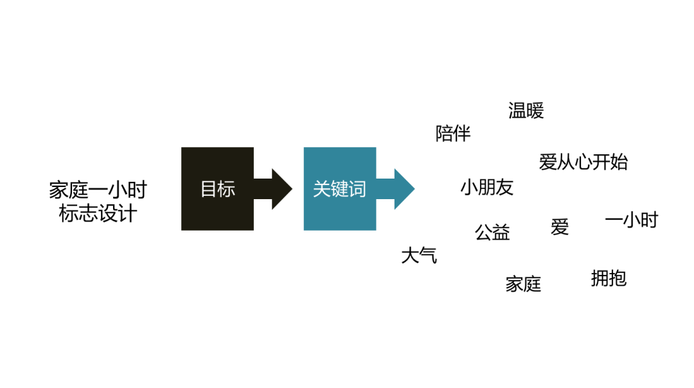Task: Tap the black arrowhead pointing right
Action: coord(280,189)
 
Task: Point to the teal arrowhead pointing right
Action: coord(402,189)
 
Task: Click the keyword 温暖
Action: coord(526,111)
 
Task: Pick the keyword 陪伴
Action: coord(453,134)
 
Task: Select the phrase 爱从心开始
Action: coord(583,162)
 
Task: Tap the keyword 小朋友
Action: coord(487,188)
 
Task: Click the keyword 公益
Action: coord(492,232)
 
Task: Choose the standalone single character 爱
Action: coord(560,227)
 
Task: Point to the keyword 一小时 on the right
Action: coord(632,220)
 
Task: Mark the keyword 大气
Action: coord(419,256)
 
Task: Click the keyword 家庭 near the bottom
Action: coord(523,283)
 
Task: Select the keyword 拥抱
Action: coord(608,278)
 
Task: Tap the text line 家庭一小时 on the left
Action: coord(98,190)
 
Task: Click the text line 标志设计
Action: coord(98,213)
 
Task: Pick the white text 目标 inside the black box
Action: coord(217,189)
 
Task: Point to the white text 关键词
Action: coord(339,189)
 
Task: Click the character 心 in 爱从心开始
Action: coord(583,162)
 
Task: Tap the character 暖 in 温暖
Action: coord(535,111)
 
